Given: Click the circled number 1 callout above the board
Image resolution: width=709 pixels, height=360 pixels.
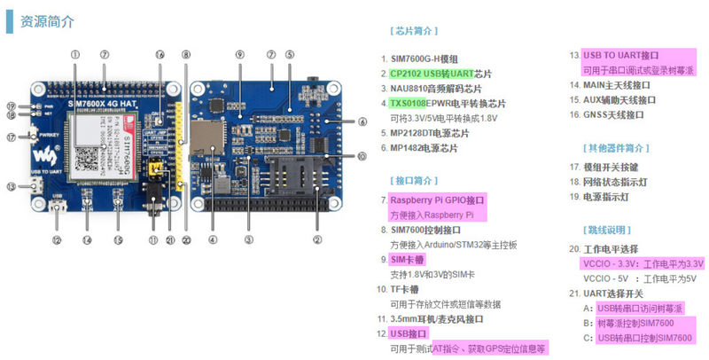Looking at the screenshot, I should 75,54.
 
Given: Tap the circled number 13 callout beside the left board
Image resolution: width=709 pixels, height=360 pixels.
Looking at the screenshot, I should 11,186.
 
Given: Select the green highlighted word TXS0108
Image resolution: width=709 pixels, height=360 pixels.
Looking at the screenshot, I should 409,103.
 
